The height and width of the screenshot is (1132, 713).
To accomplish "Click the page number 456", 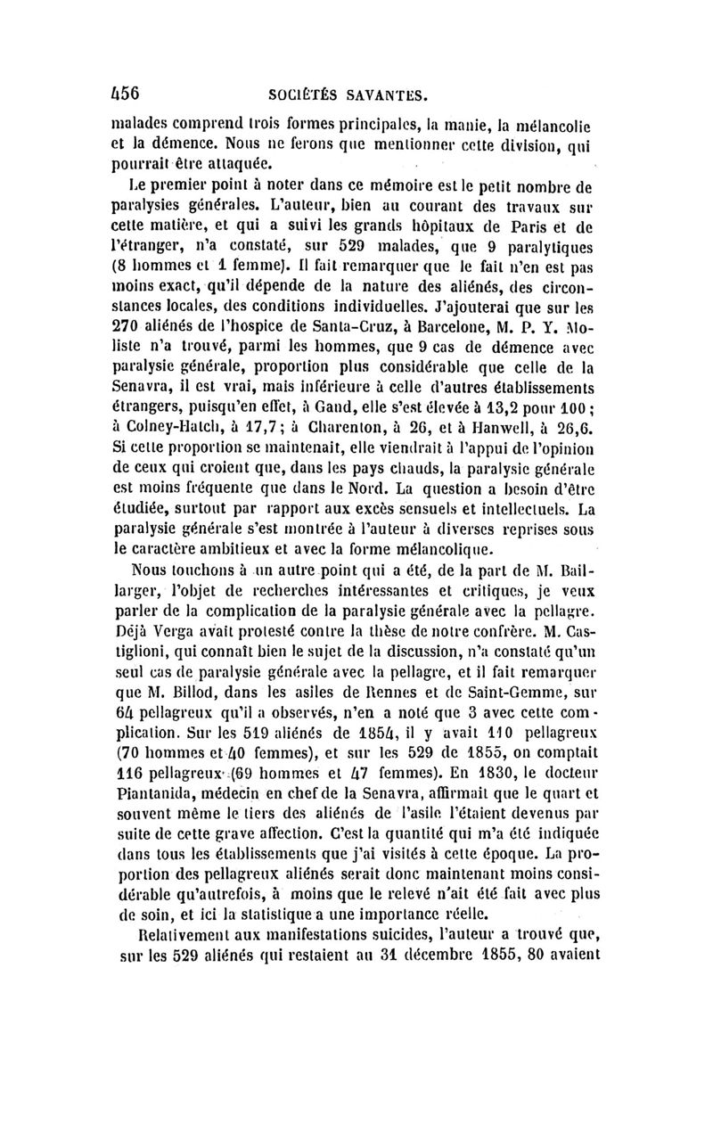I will click(x=120, y=92).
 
